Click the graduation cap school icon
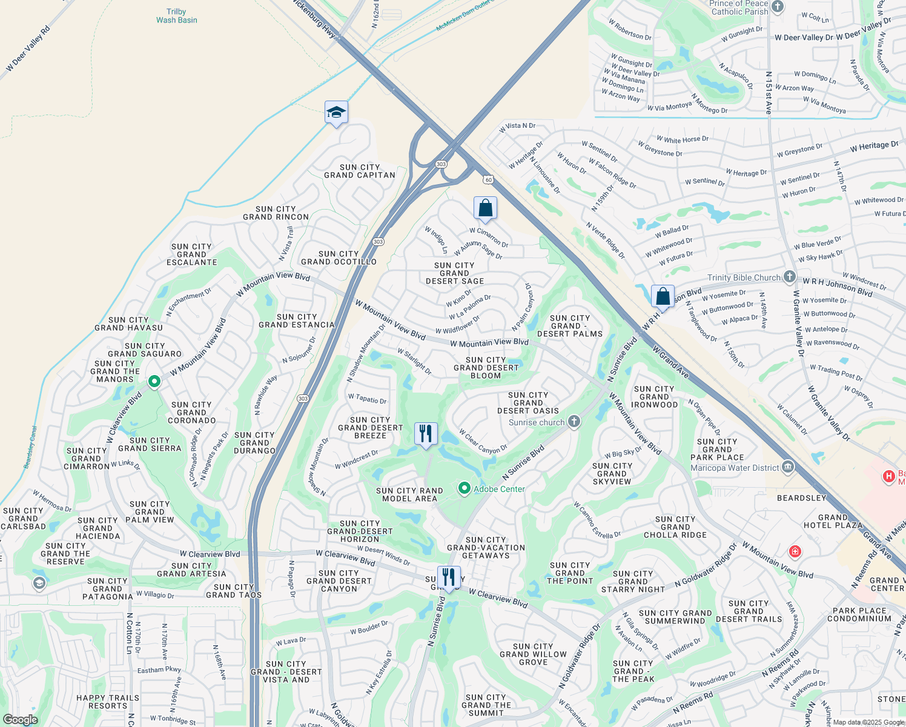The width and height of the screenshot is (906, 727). (x=336, y=113)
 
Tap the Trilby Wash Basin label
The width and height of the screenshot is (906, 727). (x=176, y=16)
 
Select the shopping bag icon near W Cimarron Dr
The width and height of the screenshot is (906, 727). (x=485, y=208)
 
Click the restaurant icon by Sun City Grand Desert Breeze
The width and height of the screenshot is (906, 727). (x=426, y=434)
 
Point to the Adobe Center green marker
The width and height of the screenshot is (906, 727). (x=465, y=488)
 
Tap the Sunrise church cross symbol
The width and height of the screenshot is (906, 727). (x=574, y=422)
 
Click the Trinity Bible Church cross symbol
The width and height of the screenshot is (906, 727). (x=789, y=277)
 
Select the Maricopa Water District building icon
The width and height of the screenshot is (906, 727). (x=788, y=467)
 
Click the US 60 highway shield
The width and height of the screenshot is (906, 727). (x=489, y=179)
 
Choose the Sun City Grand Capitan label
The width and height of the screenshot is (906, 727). (x=360, y=171)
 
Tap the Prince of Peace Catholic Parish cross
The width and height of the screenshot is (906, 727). (x=778, y=7)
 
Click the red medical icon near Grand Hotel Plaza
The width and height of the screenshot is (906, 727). (x=795, y=551)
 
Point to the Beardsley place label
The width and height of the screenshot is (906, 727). (x=802, y=498)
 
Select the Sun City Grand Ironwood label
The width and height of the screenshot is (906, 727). (x=654, y=397)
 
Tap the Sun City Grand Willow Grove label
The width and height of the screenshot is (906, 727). (x=533, y=654)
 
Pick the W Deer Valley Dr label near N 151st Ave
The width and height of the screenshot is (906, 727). (x=804, y=38)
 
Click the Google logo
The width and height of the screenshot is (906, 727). (x=20, y=720)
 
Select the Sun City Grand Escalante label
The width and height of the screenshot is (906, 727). (x=191, y=254)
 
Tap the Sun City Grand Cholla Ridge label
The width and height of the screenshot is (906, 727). (x=675, y=527)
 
